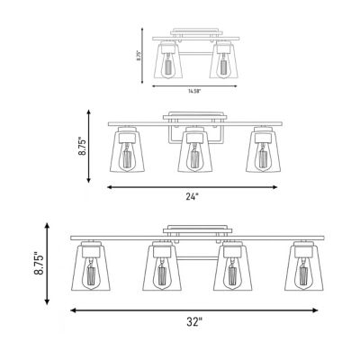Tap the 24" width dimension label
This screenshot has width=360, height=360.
point(193,197)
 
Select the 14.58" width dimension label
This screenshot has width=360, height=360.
point(194,91)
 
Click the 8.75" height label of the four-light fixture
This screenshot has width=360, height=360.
point(39,265)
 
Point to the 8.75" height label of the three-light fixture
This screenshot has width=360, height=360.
point(82,146)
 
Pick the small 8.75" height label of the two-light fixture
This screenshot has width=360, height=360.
point(139,56)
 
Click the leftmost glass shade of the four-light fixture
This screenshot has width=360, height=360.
point(91,267)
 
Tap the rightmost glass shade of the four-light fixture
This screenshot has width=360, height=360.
point(304,267)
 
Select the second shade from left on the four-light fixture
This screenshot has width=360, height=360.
point(162,267)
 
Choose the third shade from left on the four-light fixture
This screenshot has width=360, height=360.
point(233,267)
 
